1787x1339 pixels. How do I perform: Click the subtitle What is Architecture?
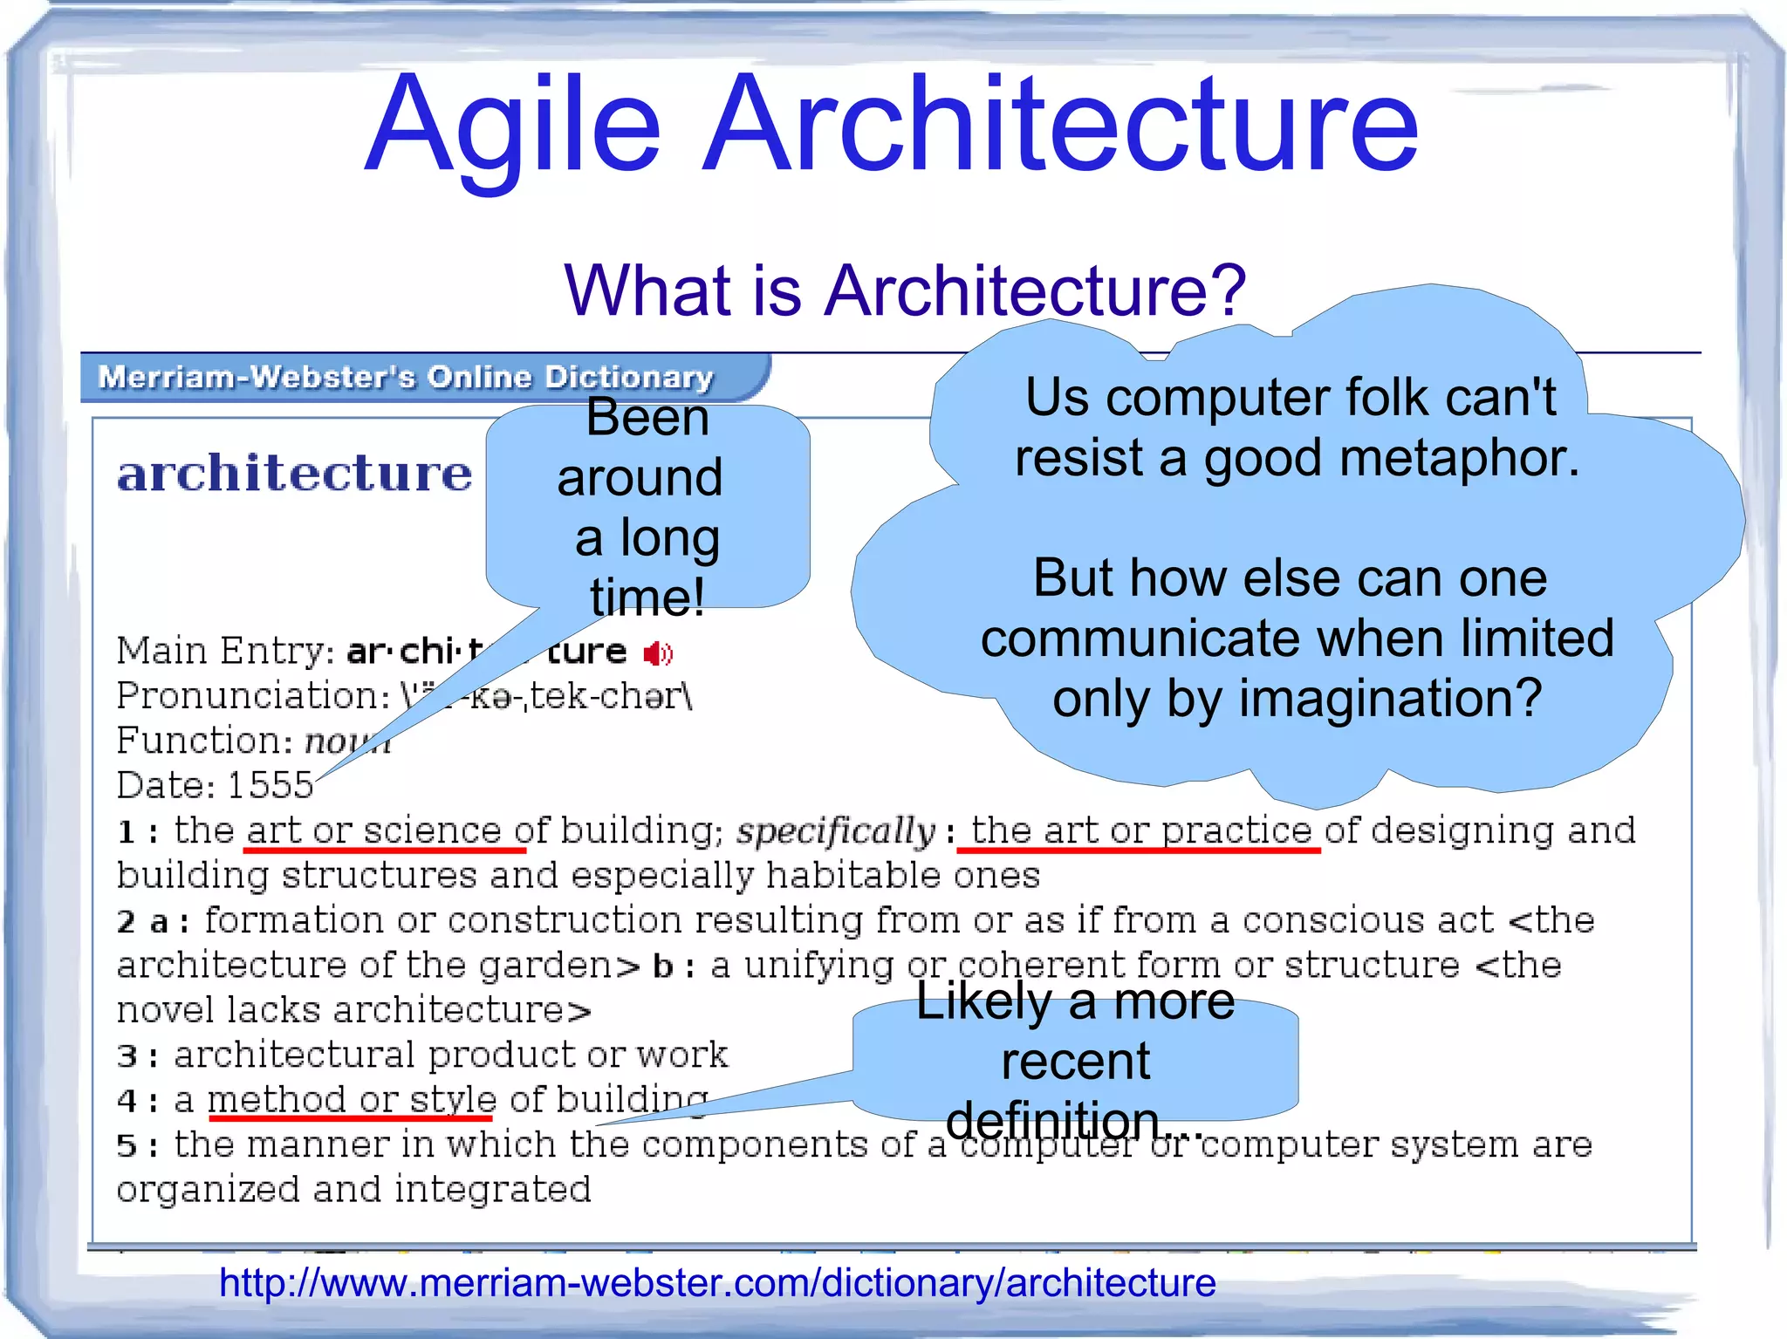pos(905,290)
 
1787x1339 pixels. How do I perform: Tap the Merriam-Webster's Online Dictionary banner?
pos(406,377)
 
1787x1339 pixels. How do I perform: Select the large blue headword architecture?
pos(295,474)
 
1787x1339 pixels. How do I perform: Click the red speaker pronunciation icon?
pos(659,653)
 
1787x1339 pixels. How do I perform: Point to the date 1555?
pos(270,786)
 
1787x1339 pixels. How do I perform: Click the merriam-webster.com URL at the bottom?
pos(717,1283)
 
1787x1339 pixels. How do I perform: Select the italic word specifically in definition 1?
pos(836,831)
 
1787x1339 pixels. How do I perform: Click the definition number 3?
pos(127,1056)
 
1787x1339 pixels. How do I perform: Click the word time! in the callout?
pos(647,598)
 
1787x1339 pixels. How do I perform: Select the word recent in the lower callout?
pos(1076,1062)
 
